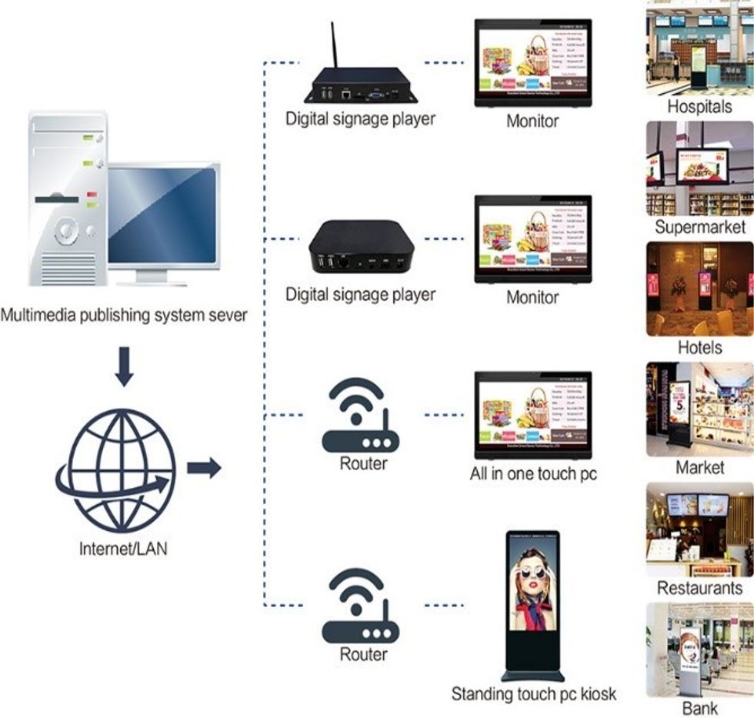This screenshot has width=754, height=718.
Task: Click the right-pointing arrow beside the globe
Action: [x=204, y=467]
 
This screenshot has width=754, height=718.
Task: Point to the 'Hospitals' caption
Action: [x=699, y=106]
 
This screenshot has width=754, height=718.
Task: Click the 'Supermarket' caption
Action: [x=700, y=227]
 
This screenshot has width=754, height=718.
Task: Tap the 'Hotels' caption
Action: [x=699, y=347]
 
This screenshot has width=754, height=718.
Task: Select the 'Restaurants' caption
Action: [x=699, y=588]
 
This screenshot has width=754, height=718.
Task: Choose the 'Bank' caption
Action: [x=699, y=708]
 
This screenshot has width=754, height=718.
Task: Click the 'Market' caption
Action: [x=699, y=467]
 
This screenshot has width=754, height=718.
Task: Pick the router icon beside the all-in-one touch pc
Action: [x=360, y=416]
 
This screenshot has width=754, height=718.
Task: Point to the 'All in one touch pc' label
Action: [x=533, y=473]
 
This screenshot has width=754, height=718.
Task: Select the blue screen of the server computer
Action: [x=162, y=215]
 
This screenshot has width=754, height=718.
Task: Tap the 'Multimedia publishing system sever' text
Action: [x=124, y=316]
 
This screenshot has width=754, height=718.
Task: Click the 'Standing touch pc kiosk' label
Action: [x=533, y=694]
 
